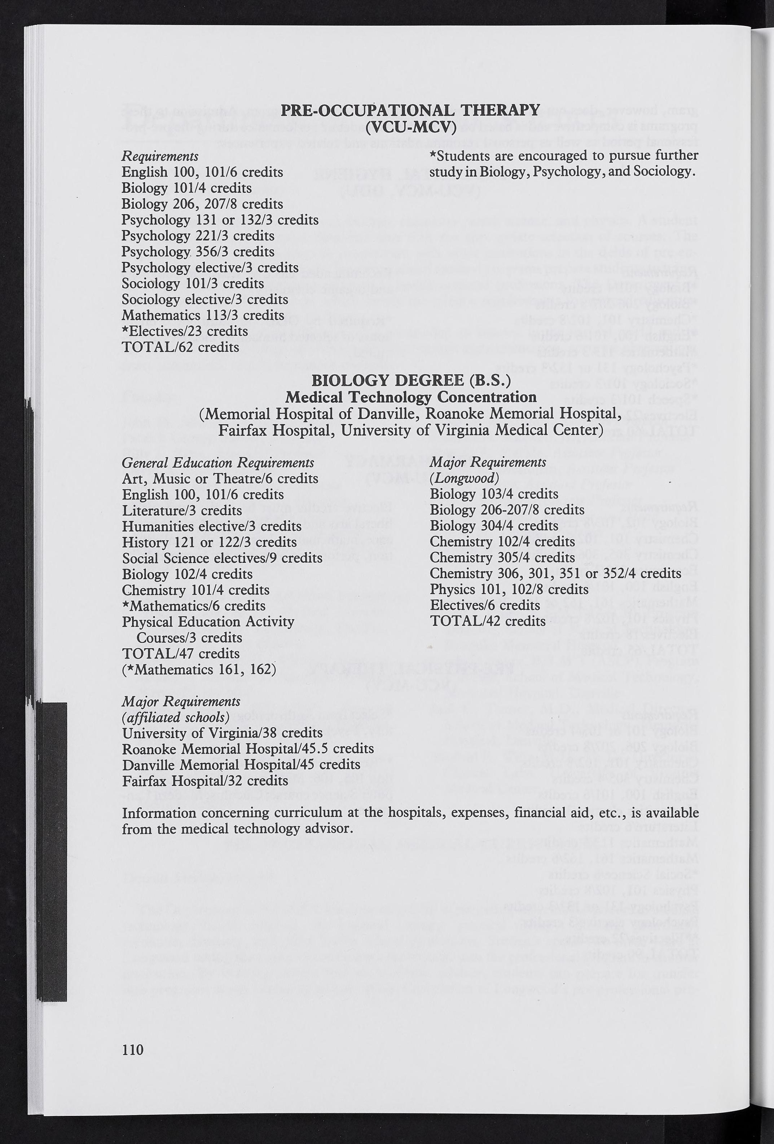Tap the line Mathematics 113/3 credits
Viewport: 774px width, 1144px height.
click(203, 315)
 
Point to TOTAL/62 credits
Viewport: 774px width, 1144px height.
click(180, 347)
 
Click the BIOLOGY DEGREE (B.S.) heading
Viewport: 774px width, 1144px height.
click(411, 380)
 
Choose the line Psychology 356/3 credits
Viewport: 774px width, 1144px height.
click(198, 252)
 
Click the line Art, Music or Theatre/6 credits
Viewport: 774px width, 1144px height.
click(220, 478)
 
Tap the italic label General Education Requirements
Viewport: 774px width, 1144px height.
click(217, 463)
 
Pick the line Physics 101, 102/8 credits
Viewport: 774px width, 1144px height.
click(509, 589)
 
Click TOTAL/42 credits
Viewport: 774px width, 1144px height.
click(487, 621)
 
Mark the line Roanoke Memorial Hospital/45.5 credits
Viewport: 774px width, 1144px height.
click(248, 749)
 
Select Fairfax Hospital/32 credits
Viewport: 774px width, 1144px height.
click(205, 781)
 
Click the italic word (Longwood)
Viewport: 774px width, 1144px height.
click(464, 478)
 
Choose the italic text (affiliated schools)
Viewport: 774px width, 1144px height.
click(176, 717)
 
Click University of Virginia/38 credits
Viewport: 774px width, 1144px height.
click(222, 733)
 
